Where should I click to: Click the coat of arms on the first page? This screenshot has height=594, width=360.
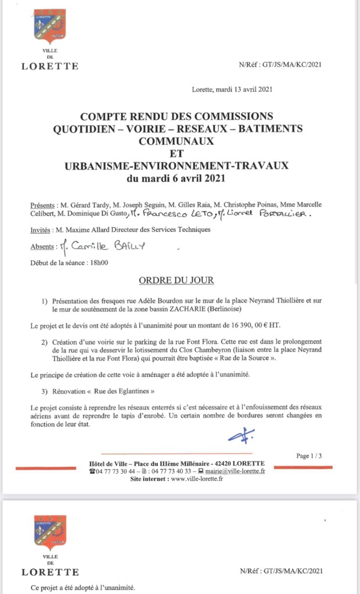[x=50, y=27]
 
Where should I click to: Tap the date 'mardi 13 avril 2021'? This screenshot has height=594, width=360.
[x=244, y=89]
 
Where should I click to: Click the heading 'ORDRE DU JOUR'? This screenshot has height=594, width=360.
[x=176, y=281]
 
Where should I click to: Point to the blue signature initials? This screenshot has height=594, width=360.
[x=237, y=436]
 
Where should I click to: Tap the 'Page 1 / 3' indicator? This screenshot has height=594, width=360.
[x=309, y=456]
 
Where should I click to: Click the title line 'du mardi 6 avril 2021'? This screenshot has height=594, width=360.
[x=176, y=179]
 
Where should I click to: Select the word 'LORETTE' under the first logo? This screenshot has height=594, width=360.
[x=50, y=66]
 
